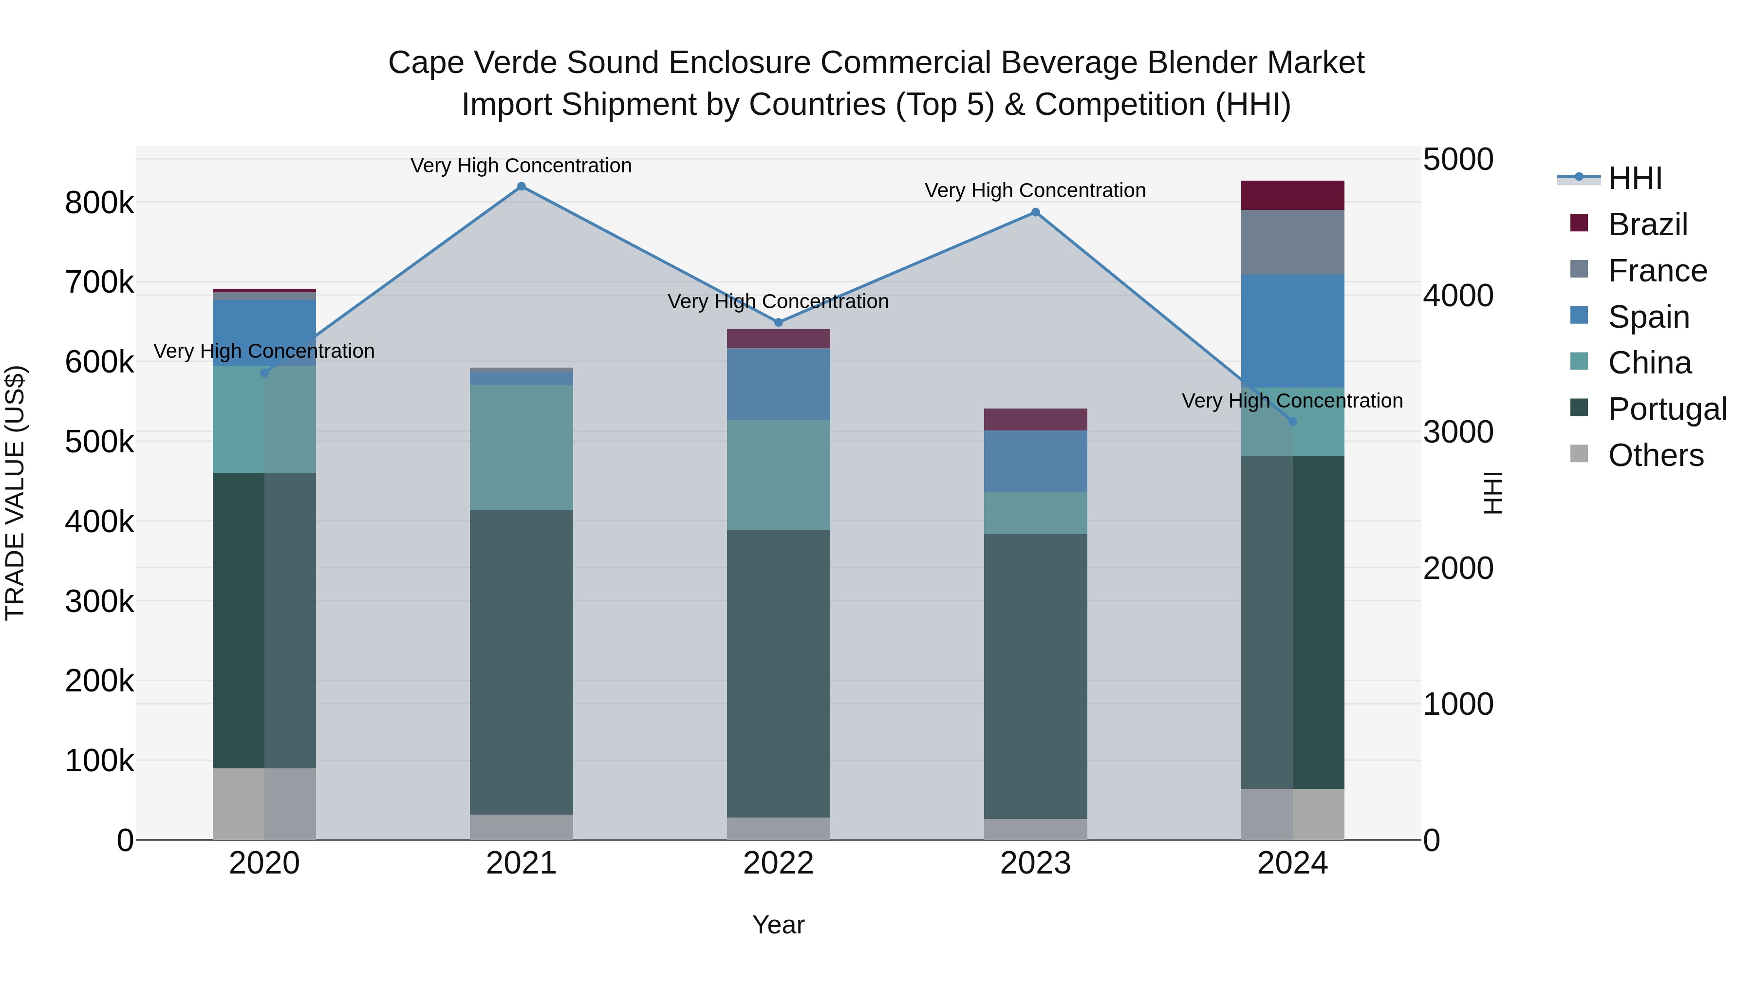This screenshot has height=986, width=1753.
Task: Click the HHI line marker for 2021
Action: (521, 186)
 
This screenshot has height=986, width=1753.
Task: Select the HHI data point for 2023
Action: (1035, 212)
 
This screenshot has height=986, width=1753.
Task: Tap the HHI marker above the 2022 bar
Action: (779, 322)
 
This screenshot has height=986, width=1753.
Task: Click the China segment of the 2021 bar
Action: (521, 448)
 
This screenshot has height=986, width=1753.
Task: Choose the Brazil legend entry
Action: (1647, 224)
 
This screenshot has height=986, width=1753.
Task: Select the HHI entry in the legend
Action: (1635, 178)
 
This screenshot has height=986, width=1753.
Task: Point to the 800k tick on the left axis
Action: (99, 203)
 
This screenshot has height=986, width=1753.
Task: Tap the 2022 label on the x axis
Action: (779, 863)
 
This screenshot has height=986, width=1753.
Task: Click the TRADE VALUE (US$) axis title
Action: (15, 493)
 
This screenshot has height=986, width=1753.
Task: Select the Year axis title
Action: (779, 925)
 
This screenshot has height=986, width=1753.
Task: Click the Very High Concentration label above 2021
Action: (521, 166)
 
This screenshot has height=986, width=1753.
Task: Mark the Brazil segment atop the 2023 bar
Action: (1035, 419)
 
